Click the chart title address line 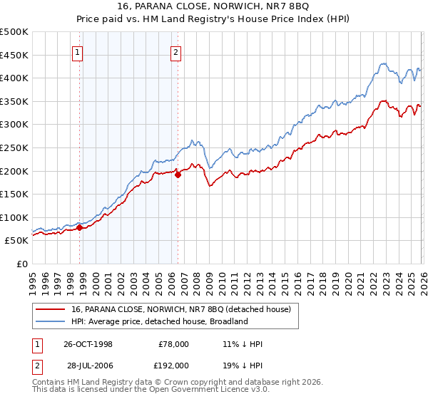point(214,6)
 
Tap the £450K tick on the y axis point(14,55)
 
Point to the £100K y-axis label point(14,217)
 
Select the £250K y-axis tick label point(14,147)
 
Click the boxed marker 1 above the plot point(76,51)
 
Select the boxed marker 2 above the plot point(175,51)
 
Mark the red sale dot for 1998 point(80,227)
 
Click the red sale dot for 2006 point(178,175)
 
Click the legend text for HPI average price point(159,321)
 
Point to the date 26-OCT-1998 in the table point(88,344)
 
